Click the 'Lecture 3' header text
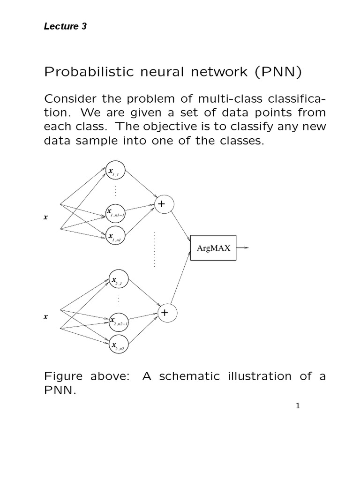[x=65, y=27]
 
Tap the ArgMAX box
[x=214, y=248]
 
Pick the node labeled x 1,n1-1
[x=115, y=213]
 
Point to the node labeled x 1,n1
[x=115, y=237]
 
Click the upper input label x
[x=45, y=217]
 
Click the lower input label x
[x=45, y=316]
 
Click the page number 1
[x=297, y=406]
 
